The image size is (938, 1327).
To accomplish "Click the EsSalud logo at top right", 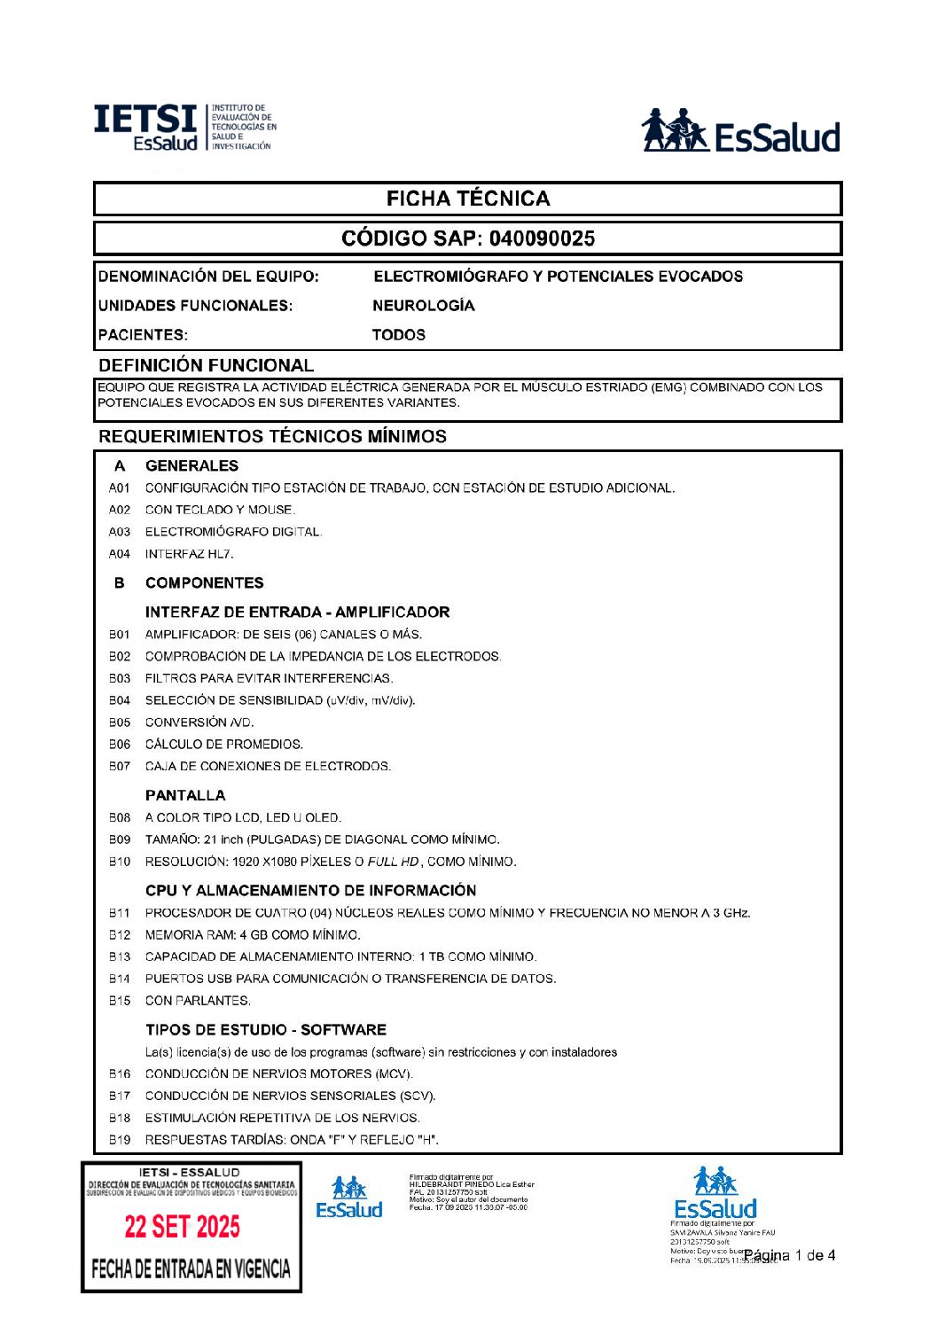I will [740, 132].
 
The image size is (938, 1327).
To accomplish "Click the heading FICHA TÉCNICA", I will [467, 199].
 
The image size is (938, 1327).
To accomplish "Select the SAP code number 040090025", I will [542, 238].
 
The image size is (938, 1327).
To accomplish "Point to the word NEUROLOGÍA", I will [423, 306].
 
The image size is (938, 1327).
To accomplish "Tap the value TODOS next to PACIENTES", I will [398, 335].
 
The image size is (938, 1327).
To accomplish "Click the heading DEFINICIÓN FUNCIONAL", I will [206, 365].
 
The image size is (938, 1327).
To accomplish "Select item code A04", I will [120, 554].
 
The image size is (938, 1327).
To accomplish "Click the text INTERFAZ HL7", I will [190, 554].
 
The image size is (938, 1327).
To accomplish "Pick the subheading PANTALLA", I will [185, 795].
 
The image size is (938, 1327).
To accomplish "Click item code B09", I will [120, 839].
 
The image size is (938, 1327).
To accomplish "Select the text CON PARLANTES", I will [198, 1001].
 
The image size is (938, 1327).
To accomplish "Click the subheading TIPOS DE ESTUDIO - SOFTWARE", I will [266, 1030].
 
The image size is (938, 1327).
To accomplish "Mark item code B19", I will [120, 1140].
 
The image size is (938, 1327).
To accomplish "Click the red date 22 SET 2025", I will [182, 1227].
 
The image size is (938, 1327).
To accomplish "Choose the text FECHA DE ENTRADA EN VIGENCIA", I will [191, 1269].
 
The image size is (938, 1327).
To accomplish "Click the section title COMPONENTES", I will [204, 583].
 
